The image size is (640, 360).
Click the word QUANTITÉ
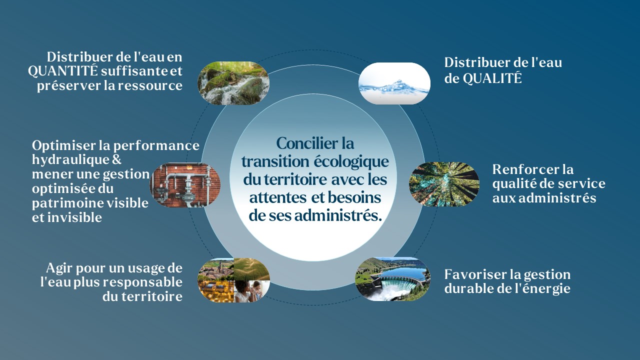(x=63, y=70)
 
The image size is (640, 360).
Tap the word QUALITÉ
(x=492, y=78)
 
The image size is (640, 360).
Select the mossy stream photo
(x=233, y=83)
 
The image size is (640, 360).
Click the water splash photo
(x=394, y=83)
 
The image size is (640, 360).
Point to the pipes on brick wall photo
(x=185, y=185)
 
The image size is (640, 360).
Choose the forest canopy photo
(x=444, y=184)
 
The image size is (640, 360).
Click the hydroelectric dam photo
(x=392, y=279)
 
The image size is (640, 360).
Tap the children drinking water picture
(x=251, y=291)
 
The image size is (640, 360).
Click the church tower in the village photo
(x=220, y=267)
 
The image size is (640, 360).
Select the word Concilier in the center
(x=305, y=143)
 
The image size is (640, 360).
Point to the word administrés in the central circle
(x=338, y=215)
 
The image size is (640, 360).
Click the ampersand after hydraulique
(x=116, y=159)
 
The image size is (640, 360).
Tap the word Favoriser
(x=474, y=274)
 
